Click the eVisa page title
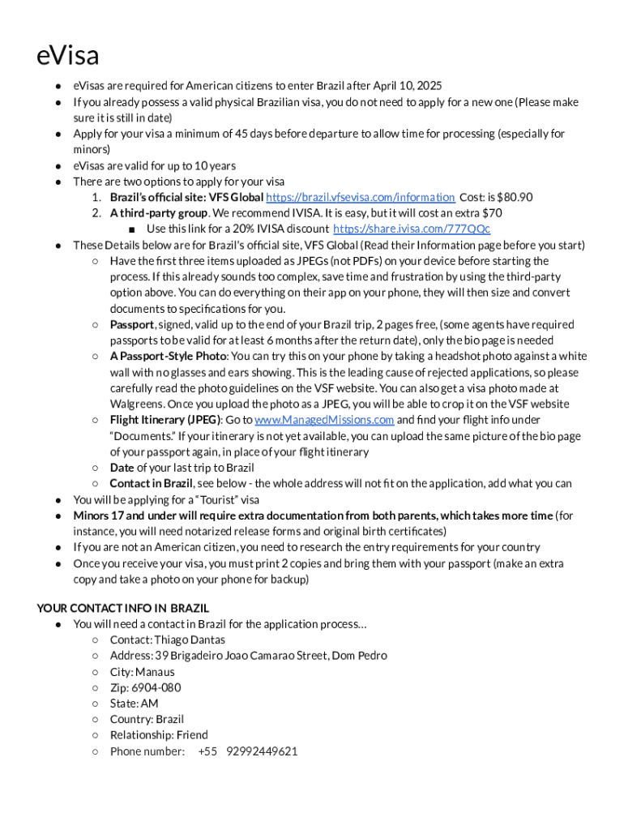tap(68, 56)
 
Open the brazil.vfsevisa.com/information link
tap(360, 197)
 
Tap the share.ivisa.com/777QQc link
tap(411, 229)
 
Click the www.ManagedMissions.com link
tap(324, 420)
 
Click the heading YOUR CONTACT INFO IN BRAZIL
tap(123, 608)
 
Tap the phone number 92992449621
tap(262, 751)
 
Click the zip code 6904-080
tap(157, 687)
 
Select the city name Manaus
tap(155, 672)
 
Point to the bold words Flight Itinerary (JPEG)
tap(165, 420)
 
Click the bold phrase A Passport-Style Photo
tap(168, 356)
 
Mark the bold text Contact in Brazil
tap(151, 483)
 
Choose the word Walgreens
tap(137, 404)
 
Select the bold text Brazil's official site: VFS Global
tap(186, 197)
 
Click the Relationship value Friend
tap(192, 735)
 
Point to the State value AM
tap(149, 704)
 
